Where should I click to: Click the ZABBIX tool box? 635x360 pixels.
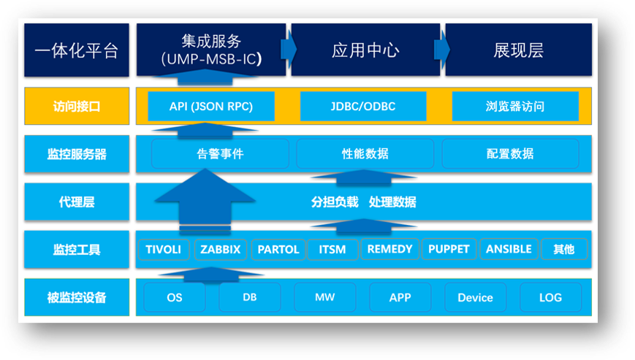(220, 249)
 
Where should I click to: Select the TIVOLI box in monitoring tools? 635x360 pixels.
(164, 249)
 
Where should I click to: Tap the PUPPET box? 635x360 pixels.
(449, 249)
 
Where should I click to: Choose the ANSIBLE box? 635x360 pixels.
(509, 249)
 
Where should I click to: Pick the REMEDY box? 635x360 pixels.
(389, 249)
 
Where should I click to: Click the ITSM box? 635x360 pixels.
(332, 249)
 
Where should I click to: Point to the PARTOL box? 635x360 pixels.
(278, 249)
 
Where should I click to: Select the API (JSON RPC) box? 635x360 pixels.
(211, 107)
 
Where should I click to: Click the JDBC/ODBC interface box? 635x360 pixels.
(363, 107)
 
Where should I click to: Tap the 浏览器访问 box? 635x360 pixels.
(515, 107)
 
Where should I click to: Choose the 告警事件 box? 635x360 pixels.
(220, 153)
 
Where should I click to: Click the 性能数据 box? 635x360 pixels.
(365, 153)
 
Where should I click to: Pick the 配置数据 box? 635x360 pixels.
(510, 153)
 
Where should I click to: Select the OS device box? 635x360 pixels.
(175, 297)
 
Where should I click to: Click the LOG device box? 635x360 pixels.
(551, 297)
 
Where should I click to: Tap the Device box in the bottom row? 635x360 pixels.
(476, 297)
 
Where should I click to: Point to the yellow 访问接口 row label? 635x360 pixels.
(77, 106)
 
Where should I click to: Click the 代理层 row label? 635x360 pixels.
(77, 202)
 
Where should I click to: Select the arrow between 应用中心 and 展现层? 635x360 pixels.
(442, 50)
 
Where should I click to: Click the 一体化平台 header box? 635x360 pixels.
(77, 50)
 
